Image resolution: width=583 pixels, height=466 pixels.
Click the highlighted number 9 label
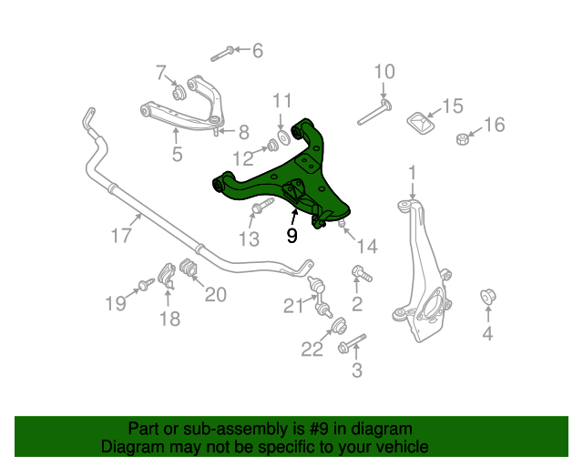click(x=291, y=237)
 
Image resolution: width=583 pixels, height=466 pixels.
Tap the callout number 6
click(x=257, y=51)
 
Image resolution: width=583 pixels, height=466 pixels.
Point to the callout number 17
click(x=122, y=237)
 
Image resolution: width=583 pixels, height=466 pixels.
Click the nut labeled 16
click(x=463, y=139)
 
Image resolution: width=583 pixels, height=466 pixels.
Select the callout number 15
click(x=452, y=106)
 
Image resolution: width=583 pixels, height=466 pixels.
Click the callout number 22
click(x=312, y=348)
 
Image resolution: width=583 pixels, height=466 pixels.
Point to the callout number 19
click(x=115, y=303)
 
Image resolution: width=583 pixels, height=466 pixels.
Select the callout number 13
click(x=250, y=239)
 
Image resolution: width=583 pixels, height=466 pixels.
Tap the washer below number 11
click(x=282, y=137)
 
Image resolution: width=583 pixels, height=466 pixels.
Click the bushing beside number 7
click(x=179, y=91)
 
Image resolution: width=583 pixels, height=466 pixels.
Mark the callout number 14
click(x=366, y=245)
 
